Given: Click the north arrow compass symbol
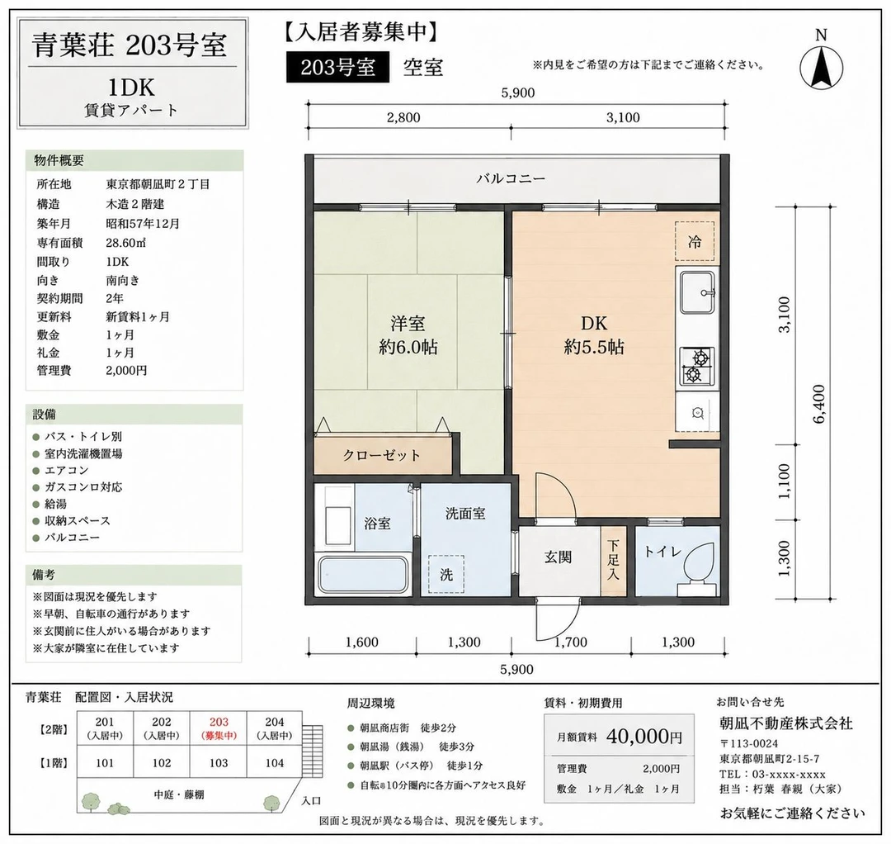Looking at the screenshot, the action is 821,67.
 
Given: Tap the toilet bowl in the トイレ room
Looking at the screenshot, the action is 699,564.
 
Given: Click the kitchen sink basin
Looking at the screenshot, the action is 697,293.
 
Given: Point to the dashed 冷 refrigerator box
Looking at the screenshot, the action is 695,241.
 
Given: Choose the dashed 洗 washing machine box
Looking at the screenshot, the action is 446,575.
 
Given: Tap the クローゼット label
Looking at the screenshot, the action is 381,455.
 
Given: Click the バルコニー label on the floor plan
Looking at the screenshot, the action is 511,178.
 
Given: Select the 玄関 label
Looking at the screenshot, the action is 558,557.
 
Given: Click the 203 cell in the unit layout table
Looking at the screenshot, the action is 218,728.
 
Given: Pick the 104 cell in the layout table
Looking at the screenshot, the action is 275,763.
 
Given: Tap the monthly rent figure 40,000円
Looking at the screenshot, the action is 644,737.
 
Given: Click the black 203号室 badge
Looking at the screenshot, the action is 338,67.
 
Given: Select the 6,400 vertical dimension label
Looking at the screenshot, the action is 819,405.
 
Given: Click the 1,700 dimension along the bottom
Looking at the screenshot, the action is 571,642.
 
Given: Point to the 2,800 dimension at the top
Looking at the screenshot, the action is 403,117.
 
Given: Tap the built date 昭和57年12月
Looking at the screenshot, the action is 143,224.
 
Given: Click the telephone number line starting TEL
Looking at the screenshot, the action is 772,774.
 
